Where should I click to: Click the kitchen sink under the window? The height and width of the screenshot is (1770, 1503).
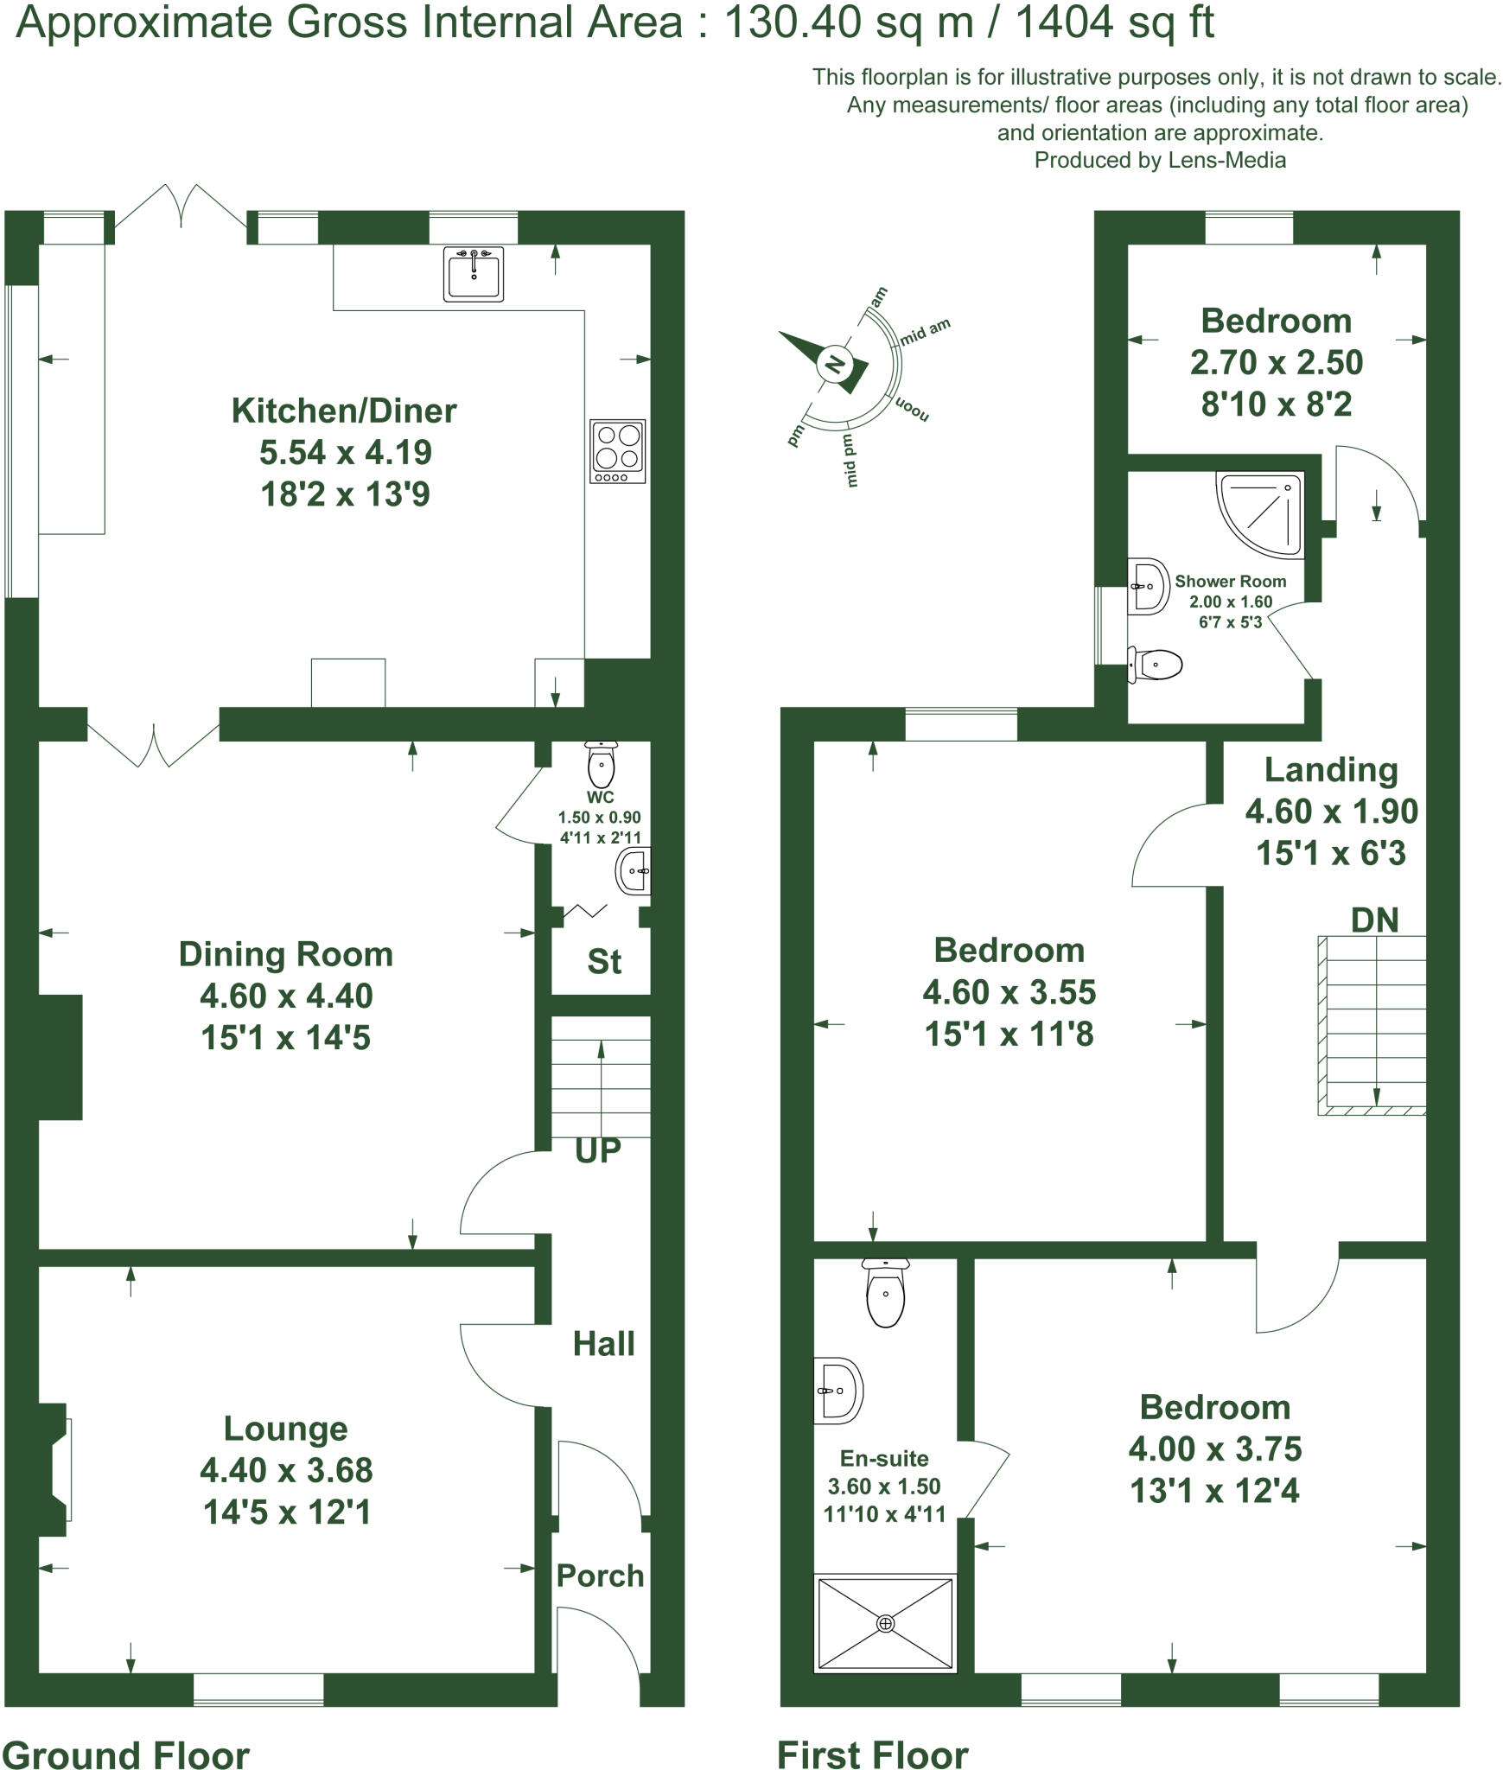[473, 274]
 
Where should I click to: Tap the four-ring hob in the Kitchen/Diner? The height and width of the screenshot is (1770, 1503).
[617, 451]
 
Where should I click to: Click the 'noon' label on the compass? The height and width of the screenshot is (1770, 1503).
[912, 410]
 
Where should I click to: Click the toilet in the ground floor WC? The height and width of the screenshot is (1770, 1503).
[601, 763]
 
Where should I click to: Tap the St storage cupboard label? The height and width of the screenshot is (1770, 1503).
[603, 962]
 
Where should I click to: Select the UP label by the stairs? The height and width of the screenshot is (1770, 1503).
[597, 1150]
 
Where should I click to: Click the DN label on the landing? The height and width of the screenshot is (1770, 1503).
[1374, 920]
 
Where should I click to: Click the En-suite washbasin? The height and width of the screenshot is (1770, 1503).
[837, 1391]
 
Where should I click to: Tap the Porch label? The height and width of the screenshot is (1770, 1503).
[600, 1576]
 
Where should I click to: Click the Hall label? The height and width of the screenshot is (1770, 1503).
[603, 1344]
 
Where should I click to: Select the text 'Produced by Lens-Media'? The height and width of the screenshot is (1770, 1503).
[1159, 160]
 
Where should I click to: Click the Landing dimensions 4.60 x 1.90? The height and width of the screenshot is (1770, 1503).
[1331, 811]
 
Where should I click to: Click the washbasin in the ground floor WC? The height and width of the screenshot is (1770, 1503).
[633, 871]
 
